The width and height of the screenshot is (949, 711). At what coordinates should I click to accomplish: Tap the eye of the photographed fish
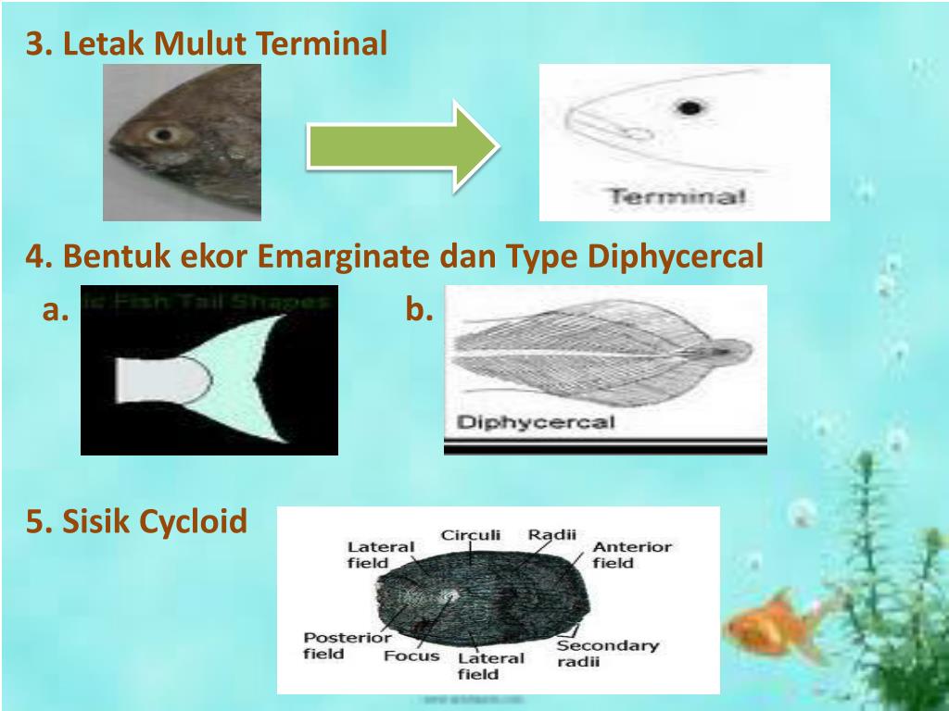pos(163,135)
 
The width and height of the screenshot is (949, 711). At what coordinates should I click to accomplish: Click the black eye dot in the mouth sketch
pos(688,108)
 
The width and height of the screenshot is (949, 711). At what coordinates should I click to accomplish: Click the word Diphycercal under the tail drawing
pos(537,423)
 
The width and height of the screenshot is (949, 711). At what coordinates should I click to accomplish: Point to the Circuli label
pos(470,534)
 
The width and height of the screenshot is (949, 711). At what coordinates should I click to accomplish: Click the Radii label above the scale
pos(552,534)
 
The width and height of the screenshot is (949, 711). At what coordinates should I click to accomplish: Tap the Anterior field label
pos(631,555)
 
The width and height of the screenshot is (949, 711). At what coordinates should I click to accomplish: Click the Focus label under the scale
pos(411,655)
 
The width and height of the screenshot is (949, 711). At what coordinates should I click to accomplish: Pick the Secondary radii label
pos(607,654)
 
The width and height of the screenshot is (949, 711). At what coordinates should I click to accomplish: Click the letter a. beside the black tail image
pos(57,310)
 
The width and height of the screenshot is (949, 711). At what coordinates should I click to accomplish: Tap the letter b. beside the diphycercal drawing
pos(419,310)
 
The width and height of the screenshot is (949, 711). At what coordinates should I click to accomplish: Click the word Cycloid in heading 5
pos(194,522)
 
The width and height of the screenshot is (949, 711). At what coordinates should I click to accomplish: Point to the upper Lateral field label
pos(380,555)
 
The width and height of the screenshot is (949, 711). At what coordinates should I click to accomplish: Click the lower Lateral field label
pos(490,667)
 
